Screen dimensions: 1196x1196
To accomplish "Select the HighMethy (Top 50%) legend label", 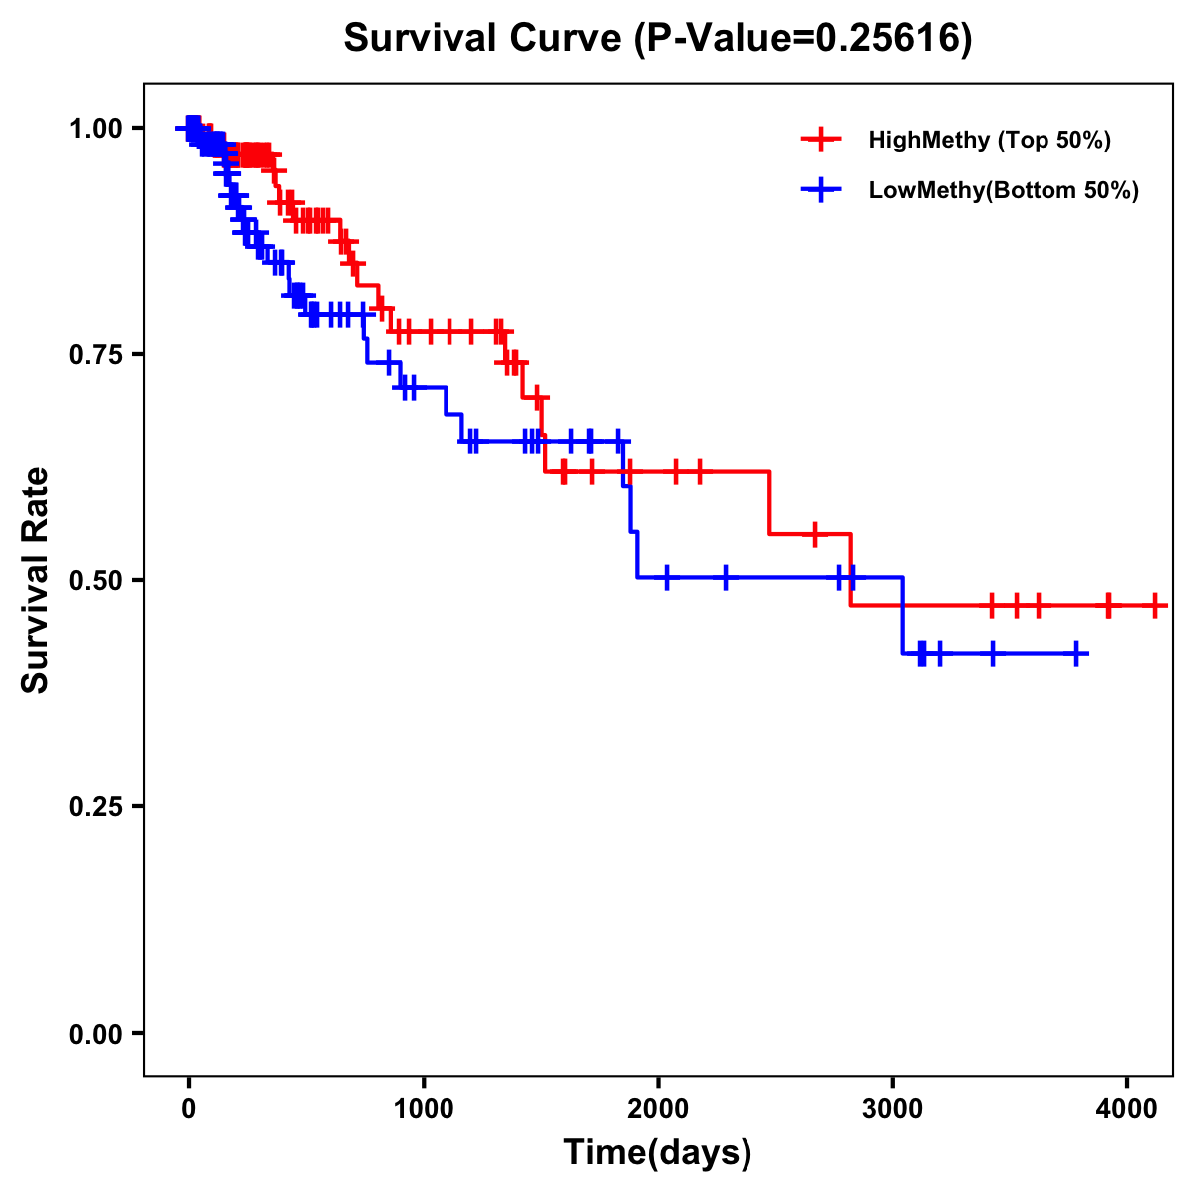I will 990,140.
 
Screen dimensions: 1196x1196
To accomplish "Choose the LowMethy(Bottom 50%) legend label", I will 1004,191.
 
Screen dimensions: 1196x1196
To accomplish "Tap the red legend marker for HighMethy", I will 821,140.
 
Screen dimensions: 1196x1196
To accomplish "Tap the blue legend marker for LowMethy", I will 821,191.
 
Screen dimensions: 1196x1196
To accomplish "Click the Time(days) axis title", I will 658,1153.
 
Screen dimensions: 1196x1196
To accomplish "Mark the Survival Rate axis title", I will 36,580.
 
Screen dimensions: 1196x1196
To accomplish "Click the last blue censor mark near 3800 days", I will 1076,654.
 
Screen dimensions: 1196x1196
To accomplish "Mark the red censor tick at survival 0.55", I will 815,534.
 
